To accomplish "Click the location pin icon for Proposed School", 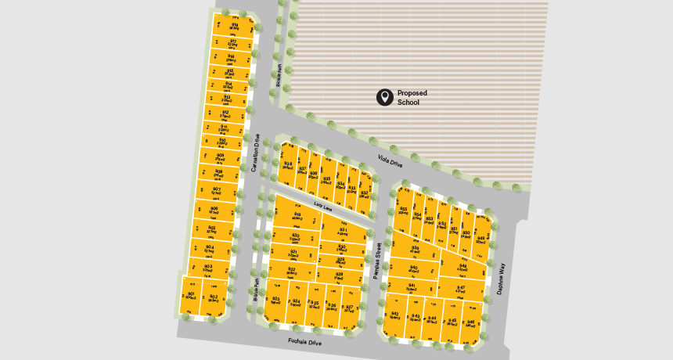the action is [384, 97].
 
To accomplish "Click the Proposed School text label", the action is [412, 97].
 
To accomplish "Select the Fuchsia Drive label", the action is [304, 342].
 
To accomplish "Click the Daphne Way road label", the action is [499, 278].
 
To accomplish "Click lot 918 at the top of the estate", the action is [235, 27].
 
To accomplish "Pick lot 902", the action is [213, 297].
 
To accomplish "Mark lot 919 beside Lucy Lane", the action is [297, 217].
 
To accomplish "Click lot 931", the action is [343, 230].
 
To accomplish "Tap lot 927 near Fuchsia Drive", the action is [349, 308].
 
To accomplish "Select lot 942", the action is [395, 315].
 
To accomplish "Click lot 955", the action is [403, 211].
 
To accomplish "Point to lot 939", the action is [415, 250].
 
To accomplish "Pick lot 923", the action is [275, 301].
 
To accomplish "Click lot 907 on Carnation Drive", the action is [216, 190].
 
